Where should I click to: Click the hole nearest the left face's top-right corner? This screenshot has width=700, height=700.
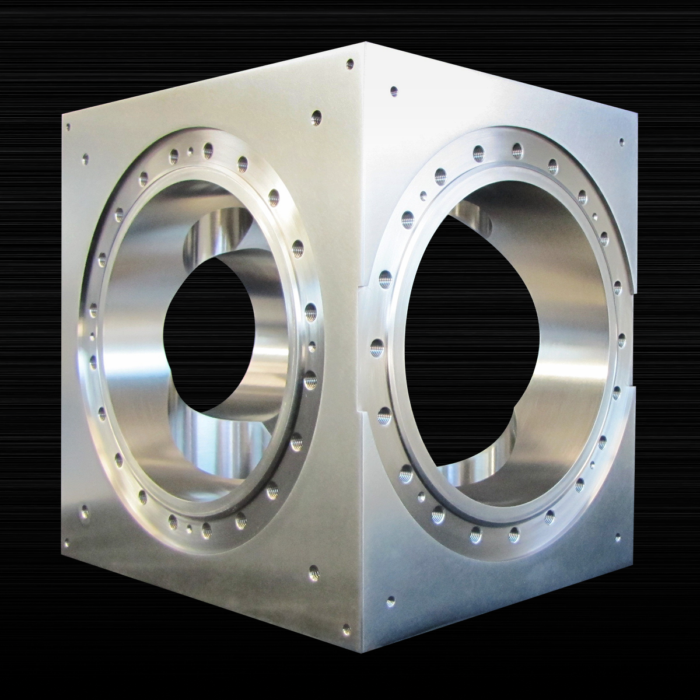(350, 63)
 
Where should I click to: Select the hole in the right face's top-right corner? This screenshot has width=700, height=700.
(622, 141)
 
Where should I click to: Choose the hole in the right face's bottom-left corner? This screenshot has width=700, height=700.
(390, 599)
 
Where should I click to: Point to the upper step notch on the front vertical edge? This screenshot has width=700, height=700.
(363, 286)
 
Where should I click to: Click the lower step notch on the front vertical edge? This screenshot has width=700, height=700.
(363, 414)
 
